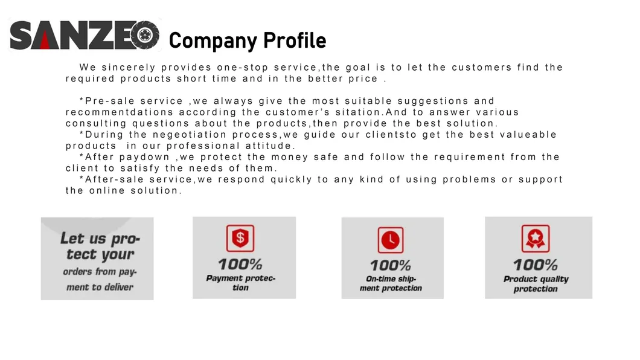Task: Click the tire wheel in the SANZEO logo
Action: (x=145, y=35)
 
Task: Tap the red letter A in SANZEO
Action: (x=45, y=36)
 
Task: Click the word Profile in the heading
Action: (x=294, y=41)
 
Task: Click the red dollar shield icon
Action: (x=240, y=238)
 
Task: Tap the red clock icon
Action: (x=391, y=240)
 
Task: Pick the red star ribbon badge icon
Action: (x=536, y=239)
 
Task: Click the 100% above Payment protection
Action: (x=240, y=265)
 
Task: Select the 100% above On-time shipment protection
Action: (x=391, y=266)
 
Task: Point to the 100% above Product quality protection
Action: (x=536, y=265)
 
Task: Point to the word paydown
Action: (x=144, y=157)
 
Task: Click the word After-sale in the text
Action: (x=114, y=179)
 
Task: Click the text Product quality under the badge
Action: (x=536, y=279)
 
